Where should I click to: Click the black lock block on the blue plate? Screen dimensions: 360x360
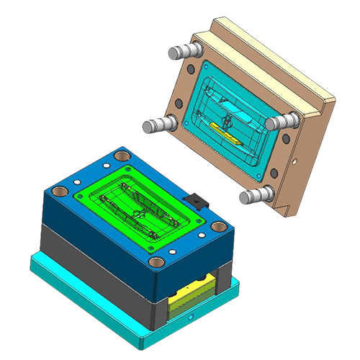[x=192, y=199]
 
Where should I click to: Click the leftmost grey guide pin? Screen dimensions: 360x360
[x=153, y=126]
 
